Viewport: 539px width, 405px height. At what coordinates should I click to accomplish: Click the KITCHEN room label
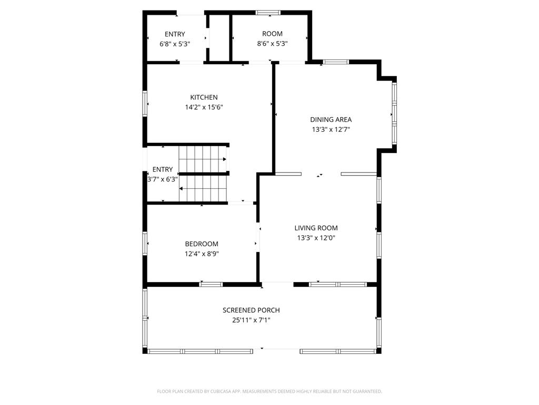(x=204, y=98)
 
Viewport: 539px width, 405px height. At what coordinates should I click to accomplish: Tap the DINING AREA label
(x=331, y=120)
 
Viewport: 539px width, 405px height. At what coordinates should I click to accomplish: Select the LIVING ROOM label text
(x=316, y=228)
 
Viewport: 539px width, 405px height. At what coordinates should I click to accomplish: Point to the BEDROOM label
(x=201, y=244)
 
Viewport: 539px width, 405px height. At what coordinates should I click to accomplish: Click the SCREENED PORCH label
(x=251, y=311)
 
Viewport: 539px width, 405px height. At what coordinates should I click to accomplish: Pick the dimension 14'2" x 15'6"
(x=204, y=107)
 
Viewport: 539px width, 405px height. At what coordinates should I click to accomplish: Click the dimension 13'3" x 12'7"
(x=331, y=129)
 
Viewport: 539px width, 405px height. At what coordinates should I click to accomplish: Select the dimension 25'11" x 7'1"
(x=251, y=320)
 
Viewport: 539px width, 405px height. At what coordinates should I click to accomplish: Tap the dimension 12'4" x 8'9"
(x=201, y=254)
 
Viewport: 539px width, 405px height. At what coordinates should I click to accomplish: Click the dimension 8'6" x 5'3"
(x=272, y=44)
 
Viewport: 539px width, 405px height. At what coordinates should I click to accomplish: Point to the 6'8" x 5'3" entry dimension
(x=175, y=44)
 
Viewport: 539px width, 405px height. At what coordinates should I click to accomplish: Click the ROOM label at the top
(x=272, y=34)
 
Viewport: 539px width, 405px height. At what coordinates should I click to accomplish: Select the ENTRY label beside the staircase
(x=163, y=169)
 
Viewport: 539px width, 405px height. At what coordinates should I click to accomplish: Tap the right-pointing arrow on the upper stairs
(x=225, y=159)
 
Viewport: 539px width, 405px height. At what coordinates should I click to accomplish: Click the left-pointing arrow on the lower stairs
(x=182, y=188)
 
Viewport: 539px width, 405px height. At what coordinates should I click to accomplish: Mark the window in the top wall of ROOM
(x=268, y=12)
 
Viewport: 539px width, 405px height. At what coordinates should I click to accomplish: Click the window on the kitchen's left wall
(x=145, y=103)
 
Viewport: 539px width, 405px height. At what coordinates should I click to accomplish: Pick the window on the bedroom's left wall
(x=145, y=244)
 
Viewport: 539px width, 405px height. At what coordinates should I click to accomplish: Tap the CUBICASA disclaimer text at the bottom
(x=269, y=391)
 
